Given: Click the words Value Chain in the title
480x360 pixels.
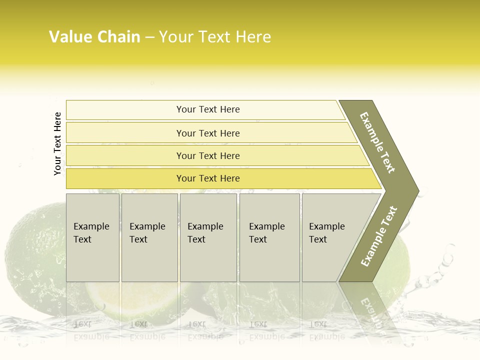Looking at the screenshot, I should pyautogui.click(x=94, y=37).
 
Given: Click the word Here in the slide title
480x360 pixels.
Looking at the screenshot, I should pyautogui.click(x=253, y=37).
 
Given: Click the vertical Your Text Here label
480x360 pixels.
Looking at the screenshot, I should pyautogui.click(x=57, y=143).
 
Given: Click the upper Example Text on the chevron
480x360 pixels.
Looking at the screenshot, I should pyautogui.click(x=377, y=142).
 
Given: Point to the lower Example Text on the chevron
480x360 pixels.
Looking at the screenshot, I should pyautogui.click(x=379, y=236).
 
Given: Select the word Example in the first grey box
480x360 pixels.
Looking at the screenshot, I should pyautogui.click(x=91, y=226).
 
